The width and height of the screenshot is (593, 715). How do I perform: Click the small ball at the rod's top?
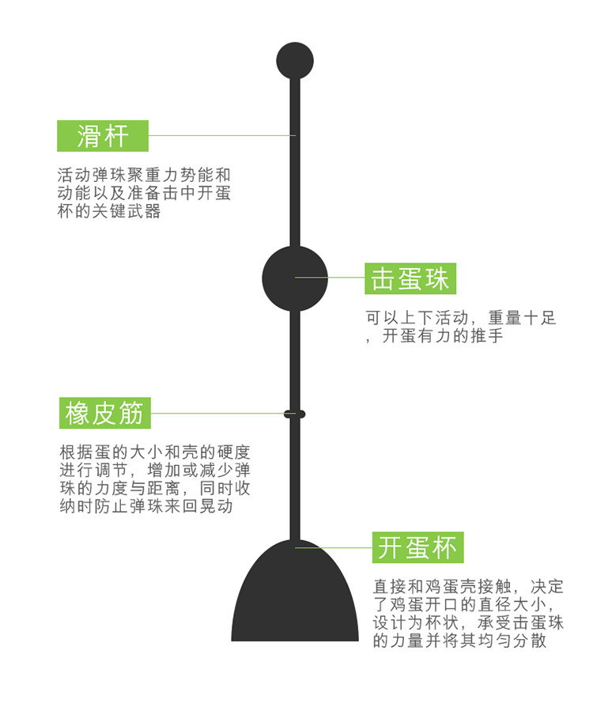coord(295,61)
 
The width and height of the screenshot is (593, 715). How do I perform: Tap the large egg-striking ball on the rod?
coord(295,278)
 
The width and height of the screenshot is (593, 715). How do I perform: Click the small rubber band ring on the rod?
coord(295,414)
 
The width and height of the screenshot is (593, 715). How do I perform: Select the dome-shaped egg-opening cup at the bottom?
coord(295,597)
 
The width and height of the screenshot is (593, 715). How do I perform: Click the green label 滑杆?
coord(103,136)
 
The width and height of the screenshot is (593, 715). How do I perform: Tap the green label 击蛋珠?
coord(410,278)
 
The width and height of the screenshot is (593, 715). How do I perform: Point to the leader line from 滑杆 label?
coord(221,135)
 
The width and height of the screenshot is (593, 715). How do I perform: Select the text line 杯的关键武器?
coord(109,212)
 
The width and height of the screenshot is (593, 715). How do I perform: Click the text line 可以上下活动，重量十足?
coord(461,318)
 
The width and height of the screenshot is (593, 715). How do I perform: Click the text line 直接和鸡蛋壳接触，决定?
coord(469,587)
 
